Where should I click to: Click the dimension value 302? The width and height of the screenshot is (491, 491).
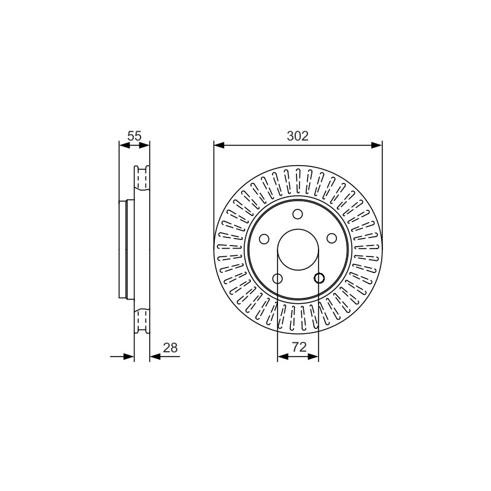coord(298,136)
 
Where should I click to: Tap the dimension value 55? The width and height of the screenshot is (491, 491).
coord(134,136)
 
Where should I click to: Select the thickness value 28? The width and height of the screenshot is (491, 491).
coord(171,348)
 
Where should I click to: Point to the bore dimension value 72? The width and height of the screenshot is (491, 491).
coord(299,347)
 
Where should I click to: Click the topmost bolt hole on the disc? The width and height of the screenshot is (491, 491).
coord(298,214)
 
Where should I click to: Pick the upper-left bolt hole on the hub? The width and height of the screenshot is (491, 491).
coord(265,239)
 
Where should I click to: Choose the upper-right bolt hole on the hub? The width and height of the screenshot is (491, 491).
coord(331,239)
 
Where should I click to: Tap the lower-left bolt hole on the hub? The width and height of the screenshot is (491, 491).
coord(277,279)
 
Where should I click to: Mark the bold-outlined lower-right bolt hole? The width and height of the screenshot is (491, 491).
coord(319,278)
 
